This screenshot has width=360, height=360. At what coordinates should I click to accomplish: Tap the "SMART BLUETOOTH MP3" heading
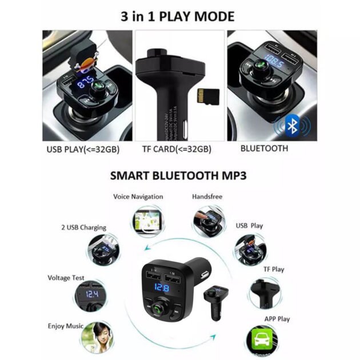179,175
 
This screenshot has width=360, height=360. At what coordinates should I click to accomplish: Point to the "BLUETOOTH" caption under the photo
264,149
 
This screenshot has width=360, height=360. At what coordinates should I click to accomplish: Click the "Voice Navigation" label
138,197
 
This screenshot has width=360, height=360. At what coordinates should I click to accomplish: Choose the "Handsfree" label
207,197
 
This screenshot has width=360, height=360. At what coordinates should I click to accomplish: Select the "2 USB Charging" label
83,227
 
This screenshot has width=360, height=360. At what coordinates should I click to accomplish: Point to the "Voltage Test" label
66,278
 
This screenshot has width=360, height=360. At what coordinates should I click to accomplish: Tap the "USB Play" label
249,226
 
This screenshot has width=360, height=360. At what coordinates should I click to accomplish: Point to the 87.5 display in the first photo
87,83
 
